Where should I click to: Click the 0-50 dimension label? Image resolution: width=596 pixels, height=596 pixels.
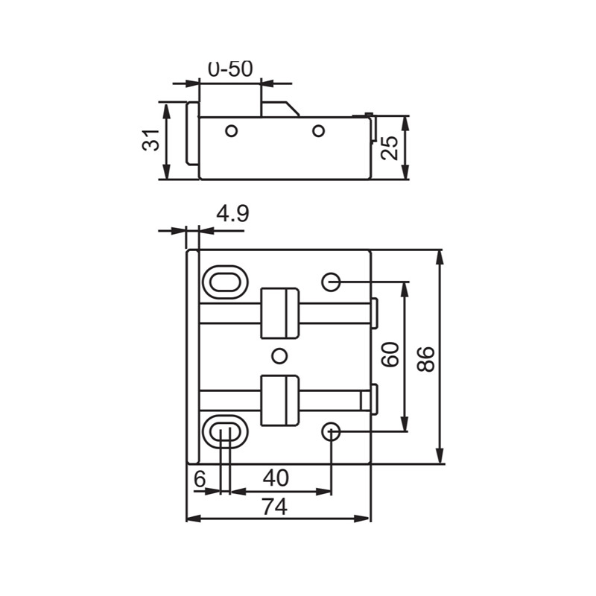230,69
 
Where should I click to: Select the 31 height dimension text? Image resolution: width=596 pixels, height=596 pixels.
151,140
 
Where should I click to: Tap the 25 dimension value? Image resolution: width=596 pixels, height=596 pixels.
390,148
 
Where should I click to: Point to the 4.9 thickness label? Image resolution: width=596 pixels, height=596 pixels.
232,215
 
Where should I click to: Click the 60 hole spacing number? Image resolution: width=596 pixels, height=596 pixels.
390,355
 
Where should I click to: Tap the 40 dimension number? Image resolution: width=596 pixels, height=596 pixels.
275,479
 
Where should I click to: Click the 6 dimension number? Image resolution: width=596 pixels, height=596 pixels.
199,479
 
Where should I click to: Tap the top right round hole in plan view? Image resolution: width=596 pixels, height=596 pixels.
332,282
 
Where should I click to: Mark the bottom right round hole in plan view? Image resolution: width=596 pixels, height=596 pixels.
332,431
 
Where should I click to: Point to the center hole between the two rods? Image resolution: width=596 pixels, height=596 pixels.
279,355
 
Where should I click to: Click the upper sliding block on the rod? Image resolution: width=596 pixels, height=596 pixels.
279,312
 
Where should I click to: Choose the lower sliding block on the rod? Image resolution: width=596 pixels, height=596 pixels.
279,400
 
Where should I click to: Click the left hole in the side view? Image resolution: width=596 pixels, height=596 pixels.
232,131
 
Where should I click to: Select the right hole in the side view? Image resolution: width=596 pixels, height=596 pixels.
318,131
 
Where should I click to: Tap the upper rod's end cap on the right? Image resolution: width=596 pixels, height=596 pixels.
375,311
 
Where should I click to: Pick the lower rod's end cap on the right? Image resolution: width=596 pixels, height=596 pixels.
375,399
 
